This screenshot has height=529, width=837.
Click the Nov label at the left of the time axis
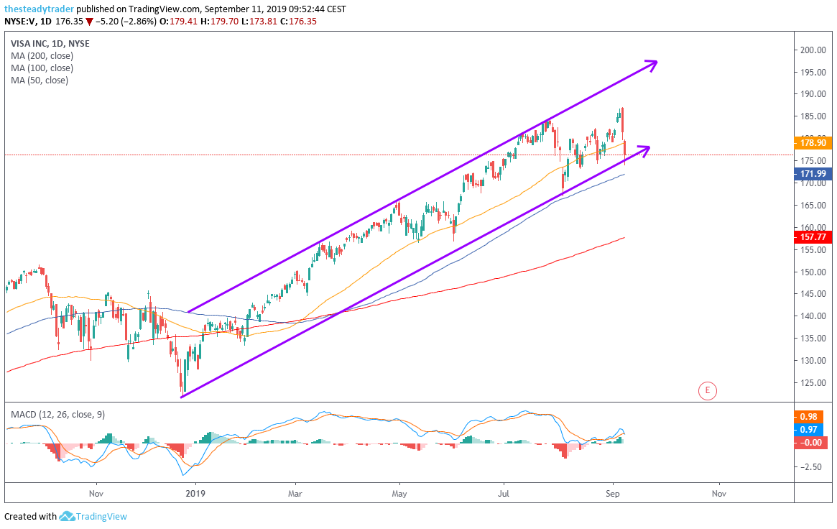click(x=96, y=494)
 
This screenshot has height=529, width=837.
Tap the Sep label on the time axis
click(x=613, y=494)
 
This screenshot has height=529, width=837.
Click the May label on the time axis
click(x=399, y=494)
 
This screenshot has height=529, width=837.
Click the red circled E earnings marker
click(x=708, y=391)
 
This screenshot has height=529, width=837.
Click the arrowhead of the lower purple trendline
click(x=644, y=149)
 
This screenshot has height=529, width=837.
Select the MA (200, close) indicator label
click(x=42, y=55)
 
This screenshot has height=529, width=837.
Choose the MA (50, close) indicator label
click(x=40, y=80)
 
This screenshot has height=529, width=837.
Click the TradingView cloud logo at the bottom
click(x=68, y=516)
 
